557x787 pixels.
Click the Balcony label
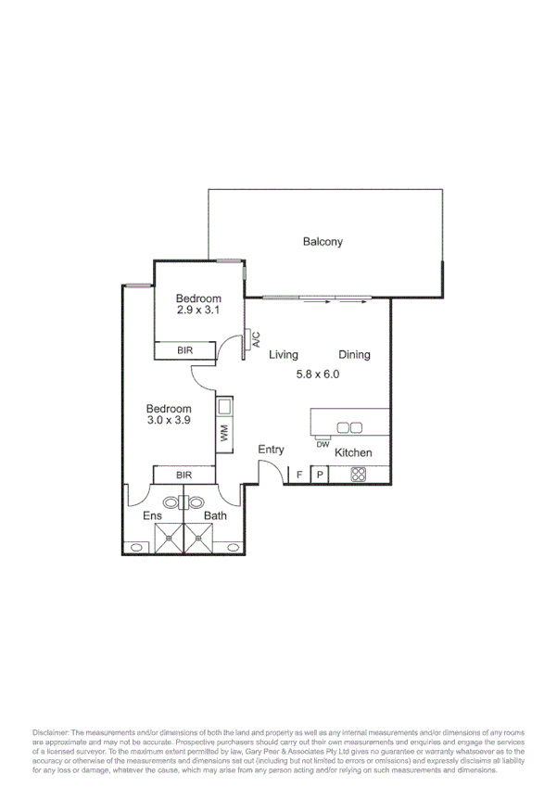coord(323,242)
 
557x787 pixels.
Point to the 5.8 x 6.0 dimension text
coord(319,374)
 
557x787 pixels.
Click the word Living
coord(284,355)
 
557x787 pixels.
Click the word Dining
coord(354,355)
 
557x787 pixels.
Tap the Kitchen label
coord(353,453)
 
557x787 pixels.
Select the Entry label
coord(271,450)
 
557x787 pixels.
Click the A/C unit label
coord(257,339)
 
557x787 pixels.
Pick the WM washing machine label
coord(224,432)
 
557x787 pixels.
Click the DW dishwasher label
coord(323,445)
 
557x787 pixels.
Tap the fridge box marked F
coord(298,475)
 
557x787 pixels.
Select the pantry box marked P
coord(320,475)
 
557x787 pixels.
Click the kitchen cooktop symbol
coord(359,475)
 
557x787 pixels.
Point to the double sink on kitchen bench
coord(349,427)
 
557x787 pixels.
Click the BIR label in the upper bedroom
coord(184,350)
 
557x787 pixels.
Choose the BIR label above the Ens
coord(184,475)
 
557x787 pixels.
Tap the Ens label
coord(152,516)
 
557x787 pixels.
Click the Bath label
coord(215,516)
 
